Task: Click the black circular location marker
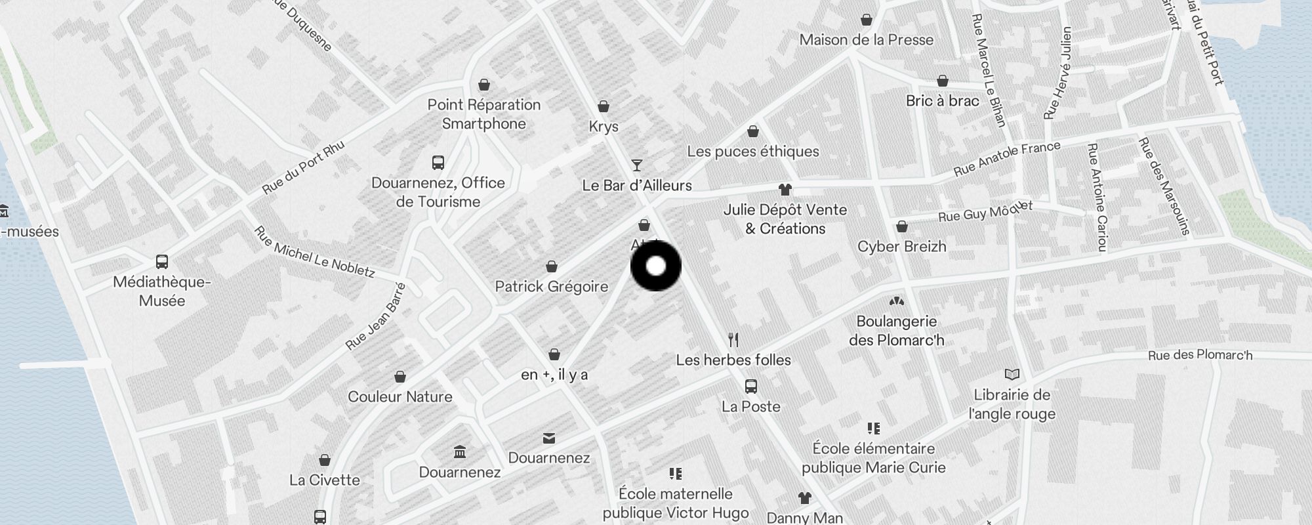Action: [x=656, y=266]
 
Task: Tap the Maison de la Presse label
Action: [x=866, y=40]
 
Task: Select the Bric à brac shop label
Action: [x=942, y=101]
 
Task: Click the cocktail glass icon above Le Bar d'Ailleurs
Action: [x=636, y=165]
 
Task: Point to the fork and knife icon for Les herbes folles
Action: [x=733, y=340]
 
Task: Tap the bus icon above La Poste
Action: [x=751, y=387]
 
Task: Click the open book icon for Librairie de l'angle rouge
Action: [x=1012, y=375]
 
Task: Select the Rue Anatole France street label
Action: [x=1006, y=159]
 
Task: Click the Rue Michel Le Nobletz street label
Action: [x=314, y=252]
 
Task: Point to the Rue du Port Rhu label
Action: [x=302, y=168]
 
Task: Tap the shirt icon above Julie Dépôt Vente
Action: [x=785, y=190]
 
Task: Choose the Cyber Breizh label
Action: [x=901, y=247]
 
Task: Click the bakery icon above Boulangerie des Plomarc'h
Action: [x=896, y=302]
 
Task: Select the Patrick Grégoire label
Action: [x=551, y=287]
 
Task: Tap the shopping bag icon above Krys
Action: [x=604, y=106]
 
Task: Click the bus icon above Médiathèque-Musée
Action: [x=162, y=262]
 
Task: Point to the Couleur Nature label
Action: [x=400, y=397]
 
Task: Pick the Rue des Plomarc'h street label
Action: [x=1200, y=355]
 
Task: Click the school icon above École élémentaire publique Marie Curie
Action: [x=873, y=429]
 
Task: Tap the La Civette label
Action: [x=324, y=480]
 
